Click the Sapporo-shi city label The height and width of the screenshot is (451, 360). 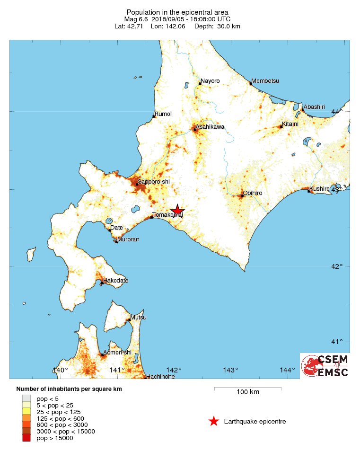(x=153, y=182)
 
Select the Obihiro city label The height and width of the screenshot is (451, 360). (x=253, y=193)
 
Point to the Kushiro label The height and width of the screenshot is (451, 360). (x=320, y=189)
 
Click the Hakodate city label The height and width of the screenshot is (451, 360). (x=115, y=281)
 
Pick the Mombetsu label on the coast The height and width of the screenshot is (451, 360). (x=265, y=81)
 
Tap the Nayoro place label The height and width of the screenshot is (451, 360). (x=210, y=81)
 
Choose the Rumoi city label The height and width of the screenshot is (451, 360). (x=163, y=114)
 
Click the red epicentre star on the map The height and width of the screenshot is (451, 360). (x=177, y=210)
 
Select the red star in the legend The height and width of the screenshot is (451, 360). (x=214, y=421)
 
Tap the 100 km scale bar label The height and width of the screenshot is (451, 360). (x=248, y=392)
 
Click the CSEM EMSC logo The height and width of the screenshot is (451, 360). (x=325, y=366)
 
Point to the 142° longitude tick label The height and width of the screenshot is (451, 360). (x=174, y=370)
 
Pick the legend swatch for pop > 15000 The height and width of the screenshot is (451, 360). (x=26, y=438)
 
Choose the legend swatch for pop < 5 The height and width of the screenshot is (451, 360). (x=26, y=398)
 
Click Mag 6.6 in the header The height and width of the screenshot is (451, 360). (x=136, y=19)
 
